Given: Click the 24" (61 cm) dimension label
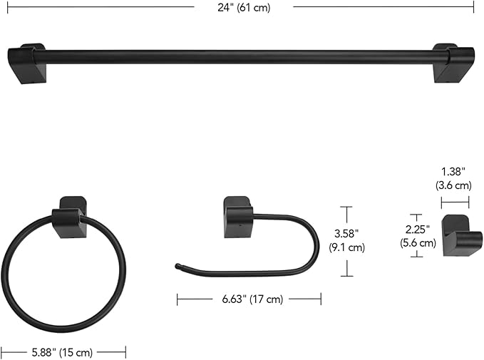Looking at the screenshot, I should (242, 7).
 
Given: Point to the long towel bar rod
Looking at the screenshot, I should (235, 56).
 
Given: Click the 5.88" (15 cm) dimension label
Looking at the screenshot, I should (64, 352).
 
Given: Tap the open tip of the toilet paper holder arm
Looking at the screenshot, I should (177, 267).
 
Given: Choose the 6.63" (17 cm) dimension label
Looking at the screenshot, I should (249, 299).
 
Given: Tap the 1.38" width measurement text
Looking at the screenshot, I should (453, 172).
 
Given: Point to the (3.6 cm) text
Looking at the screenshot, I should (453, 185).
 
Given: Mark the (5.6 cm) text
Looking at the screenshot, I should (417, 243).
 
